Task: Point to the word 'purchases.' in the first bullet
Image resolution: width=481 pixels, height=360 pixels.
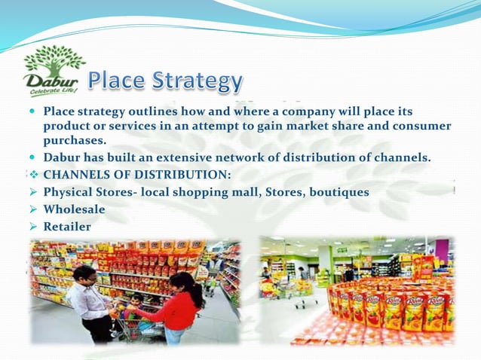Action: [75, 140]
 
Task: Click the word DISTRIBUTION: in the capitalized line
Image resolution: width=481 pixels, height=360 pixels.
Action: [185, 175]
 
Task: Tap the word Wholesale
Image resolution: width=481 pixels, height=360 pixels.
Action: [74, 209]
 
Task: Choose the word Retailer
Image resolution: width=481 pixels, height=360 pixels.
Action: [67, 226]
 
